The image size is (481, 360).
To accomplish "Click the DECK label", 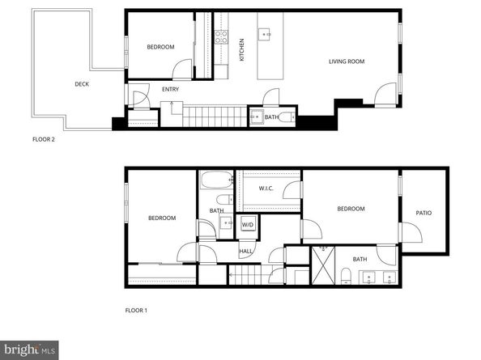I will (82, 83).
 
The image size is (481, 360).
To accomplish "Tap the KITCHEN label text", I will (241, 50).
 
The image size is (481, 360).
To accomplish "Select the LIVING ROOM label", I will (346, 61).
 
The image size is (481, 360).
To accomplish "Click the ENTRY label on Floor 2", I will (170, 89).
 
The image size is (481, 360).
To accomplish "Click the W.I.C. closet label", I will (267, 189).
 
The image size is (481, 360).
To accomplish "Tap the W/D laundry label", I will (247, 224).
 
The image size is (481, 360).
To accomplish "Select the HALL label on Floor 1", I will (245, 251).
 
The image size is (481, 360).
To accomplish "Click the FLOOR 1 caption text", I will (136, 310).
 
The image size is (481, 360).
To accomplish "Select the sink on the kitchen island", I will (265, 34).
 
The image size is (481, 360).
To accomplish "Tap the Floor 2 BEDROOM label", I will (160, 47).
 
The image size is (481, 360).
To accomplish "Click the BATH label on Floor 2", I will (271, 116).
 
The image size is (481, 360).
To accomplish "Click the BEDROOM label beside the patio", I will (351, 209).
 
